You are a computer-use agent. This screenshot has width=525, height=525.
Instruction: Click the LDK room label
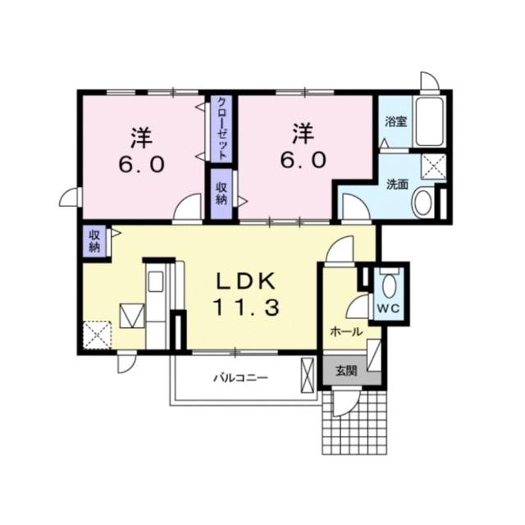tap(246, 281)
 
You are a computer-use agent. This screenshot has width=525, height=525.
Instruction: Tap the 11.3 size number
tap(246, 307)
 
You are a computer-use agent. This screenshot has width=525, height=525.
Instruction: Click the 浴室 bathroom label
tap(395, 121)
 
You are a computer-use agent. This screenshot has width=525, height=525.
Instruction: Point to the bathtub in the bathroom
tap(430, 121)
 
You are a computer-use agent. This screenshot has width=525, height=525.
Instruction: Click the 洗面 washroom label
tap(397, 184)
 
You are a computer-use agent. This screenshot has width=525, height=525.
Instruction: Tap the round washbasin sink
tap(423, 203)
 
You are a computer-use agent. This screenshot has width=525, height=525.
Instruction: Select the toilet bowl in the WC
tap(388, 285)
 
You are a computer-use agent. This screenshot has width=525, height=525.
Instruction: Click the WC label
tap(388, 308)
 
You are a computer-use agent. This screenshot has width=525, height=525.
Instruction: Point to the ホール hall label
tap(346, 332)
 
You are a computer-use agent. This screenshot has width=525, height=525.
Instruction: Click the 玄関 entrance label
tap(346, 371)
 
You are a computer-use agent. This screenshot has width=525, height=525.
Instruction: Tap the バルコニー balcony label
tap(241, 378)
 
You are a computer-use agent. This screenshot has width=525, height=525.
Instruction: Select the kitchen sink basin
tap(156, 281)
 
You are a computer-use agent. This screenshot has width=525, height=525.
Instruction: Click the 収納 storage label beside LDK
tap(94, 241)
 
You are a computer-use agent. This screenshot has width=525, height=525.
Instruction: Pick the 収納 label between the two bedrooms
tap(221, 194)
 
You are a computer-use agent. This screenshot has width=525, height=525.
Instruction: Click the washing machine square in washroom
tap(434, 166)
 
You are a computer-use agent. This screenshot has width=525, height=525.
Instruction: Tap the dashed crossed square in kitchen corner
tap(97, 335)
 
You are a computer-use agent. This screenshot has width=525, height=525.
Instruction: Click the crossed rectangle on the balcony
tap(308, 375)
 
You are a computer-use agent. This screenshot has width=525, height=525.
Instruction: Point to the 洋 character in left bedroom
tap(142, 138)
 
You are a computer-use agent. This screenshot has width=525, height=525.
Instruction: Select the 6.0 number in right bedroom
tap(304, 160)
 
